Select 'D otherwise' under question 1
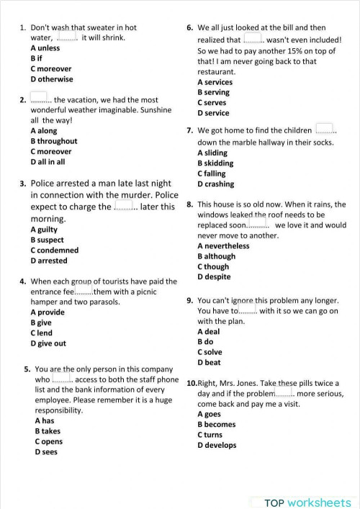coord(52,79)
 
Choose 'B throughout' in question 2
coord(54,141)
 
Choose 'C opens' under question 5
coord(48,441)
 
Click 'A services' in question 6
coord(215,82)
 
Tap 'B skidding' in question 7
coord(215,163)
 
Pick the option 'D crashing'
coord(215,184)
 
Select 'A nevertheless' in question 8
coord(223,246)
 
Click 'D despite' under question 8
coord(215,276)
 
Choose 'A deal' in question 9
coord(209,332)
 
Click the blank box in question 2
coord(39,97)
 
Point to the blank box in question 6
coord(253,38)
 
